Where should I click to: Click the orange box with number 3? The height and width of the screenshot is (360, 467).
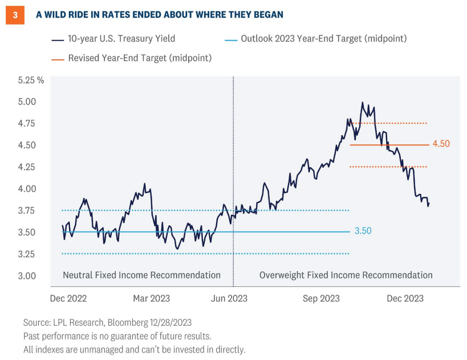click(x=13, y=14)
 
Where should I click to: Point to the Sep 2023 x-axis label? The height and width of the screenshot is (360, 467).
click(x=320, y=298)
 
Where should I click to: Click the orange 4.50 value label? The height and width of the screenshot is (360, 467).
click(x=441, y=144)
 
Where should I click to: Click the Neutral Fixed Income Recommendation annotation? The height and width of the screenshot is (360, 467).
click(x=141, y=275)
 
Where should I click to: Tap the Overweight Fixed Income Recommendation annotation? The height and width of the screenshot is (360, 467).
click(x=346, y=275)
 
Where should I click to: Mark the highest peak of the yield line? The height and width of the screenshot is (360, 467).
click(x=362, y=103)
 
